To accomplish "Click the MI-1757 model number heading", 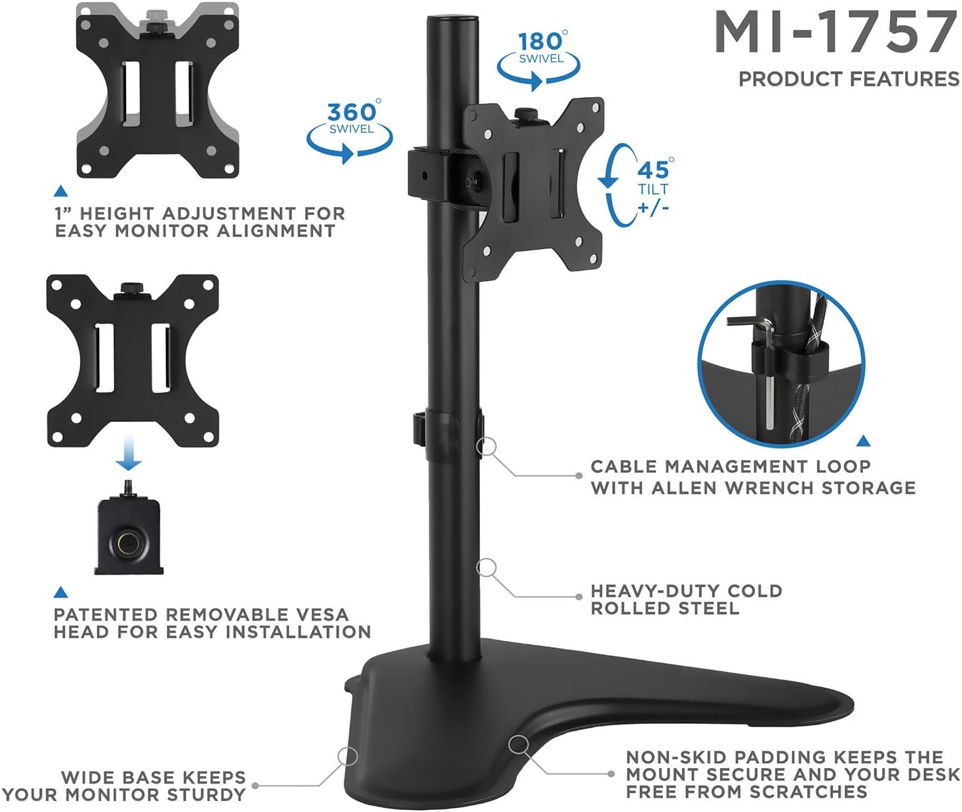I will (835, 33).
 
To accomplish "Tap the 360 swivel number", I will (350, 112).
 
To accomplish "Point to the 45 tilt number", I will (652, 170).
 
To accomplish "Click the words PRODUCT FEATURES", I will (849, 79).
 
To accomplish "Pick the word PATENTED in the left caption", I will (106, 615).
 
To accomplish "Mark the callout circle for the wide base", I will (348, 756).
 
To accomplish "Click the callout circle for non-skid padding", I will (519, 744).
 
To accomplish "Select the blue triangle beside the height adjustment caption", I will (60, 191).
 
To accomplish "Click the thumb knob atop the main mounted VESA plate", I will (524, 113).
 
